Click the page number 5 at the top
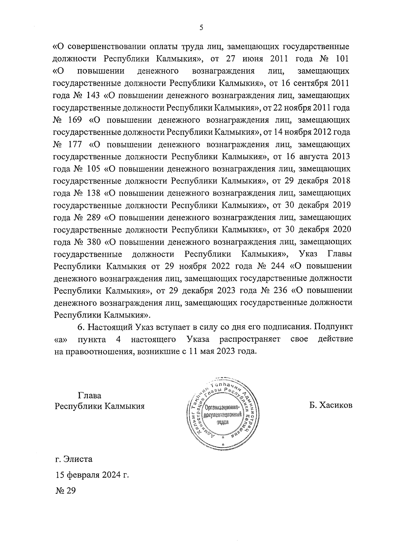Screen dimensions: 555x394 click(201, 28)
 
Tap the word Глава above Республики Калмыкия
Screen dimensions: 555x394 click(90, 395)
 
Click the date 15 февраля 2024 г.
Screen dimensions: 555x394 click(92, 475)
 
